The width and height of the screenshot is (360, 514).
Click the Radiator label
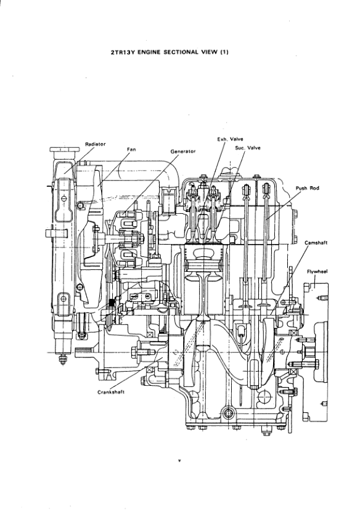[x=96, y=144]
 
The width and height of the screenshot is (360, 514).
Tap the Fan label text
[x=131, y=150]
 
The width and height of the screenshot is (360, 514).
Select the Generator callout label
[x=183, y=152]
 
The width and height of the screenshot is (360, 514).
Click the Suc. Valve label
[x=248, y=148]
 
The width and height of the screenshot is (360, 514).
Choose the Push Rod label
[x=307, y=188]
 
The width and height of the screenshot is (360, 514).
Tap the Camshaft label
[x=316, y=243]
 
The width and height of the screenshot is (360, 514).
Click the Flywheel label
[x=317, y=271]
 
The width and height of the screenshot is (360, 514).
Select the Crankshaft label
[x=111, y=392]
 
